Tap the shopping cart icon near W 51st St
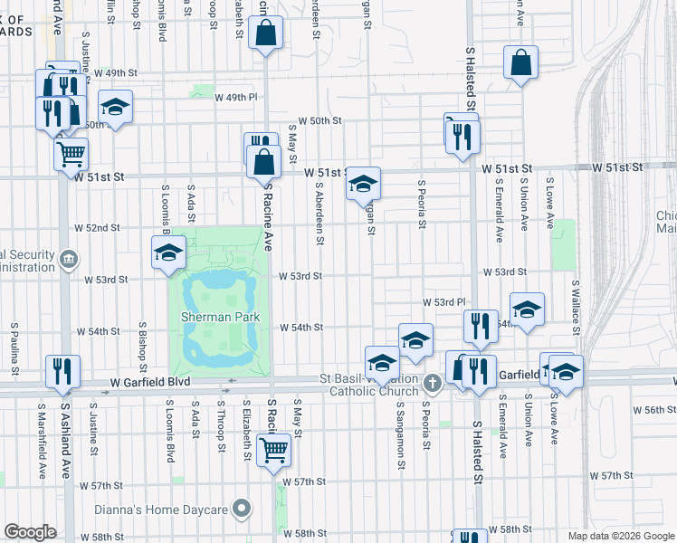(71, 152)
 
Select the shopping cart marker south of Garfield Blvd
(273, 448)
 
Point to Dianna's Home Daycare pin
(241, 509)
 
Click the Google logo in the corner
(30, 532)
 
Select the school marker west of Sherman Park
(168, 254)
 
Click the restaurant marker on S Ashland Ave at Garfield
(62, 372)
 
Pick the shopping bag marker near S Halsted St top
(520, 63)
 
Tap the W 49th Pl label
(222, 96)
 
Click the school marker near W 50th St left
(115, 109)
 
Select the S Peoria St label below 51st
(422, 205)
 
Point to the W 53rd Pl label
(443, 300)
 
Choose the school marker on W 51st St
(363, 185)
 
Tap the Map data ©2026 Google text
(620, 536)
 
